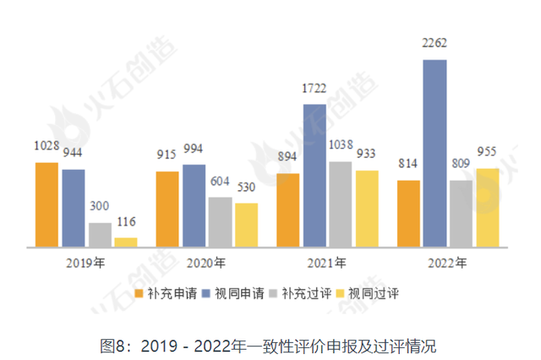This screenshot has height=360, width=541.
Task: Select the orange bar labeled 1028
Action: tap(46, 205)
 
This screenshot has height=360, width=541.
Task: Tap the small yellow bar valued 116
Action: tap(126, 243)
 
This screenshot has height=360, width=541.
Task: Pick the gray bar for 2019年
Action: tap(100, 235)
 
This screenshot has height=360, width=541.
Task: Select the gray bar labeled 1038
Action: tap(341, 205)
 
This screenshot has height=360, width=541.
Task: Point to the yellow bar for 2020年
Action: tap(246, 225)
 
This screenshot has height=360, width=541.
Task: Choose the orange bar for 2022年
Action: tap(408, 214)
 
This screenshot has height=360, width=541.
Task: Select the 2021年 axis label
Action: tap(326, 262)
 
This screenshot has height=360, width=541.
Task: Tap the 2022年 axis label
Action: tap(447, 262)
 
